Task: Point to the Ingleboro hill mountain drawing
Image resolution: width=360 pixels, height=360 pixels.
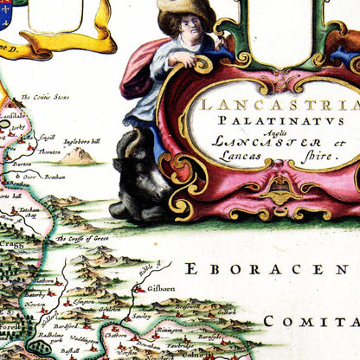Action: pyautogui.click(x=75, y=156)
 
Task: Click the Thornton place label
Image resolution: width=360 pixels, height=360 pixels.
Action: pyautogui.click(x=48, y=151)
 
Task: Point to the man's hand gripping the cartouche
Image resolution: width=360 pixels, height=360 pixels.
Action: pyautogui.click(x=180, y=60)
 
